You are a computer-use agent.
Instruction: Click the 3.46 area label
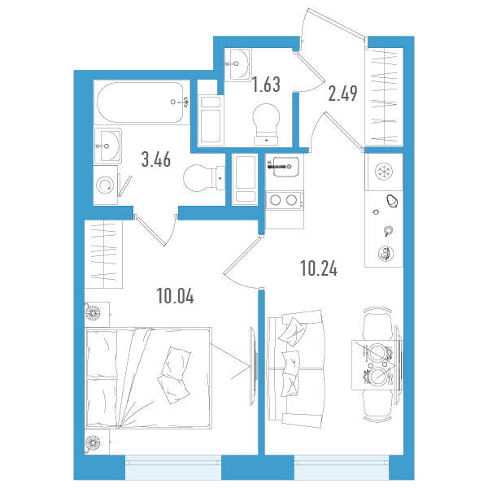(x=156, y=160)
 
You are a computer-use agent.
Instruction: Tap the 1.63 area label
(x=266, y=85)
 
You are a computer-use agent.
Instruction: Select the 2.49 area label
(x=342, y=94)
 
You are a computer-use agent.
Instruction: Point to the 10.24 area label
(x=319, y=268)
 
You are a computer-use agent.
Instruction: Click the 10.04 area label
(x=176, y=296)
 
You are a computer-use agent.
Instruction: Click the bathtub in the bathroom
(x=142, y=102)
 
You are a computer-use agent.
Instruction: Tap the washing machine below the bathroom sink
(x=106, y=185)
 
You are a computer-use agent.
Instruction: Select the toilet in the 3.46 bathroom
(x=203, y=179)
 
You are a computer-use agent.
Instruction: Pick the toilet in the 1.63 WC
(x=266, y=124)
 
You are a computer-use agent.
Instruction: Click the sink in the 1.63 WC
(x=237, y=65)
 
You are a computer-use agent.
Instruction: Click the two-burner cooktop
(x=284, y=200)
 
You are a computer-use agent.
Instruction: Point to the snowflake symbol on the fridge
(x=384, y=172)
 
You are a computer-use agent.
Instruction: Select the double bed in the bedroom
(x=148, y=378)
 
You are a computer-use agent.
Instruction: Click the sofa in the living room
(x=294, y=368)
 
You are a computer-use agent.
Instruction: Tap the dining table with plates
(x=377, y=364)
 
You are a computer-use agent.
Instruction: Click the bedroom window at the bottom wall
(x=173, y=468)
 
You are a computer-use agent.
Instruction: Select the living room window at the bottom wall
(x=342, y=468)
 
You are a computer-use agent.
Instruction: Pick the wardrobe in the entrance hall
(x=384, y=96)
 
